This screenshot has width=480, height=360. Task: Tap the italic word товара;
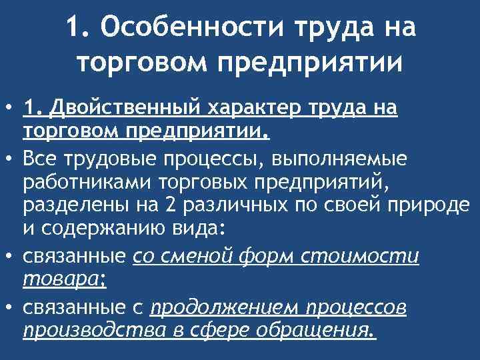(65, 280)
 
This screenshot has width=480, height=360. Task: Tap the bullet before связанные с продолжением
(9, 306)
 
